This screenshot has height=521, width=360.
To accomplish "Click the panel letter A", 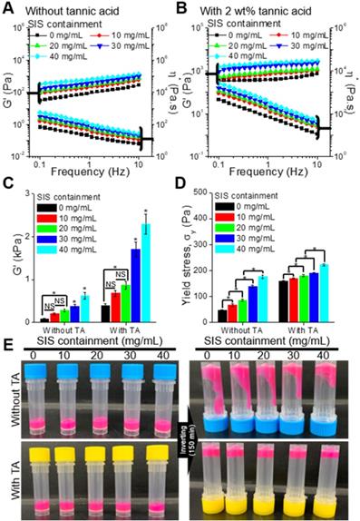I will [8, 8].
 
